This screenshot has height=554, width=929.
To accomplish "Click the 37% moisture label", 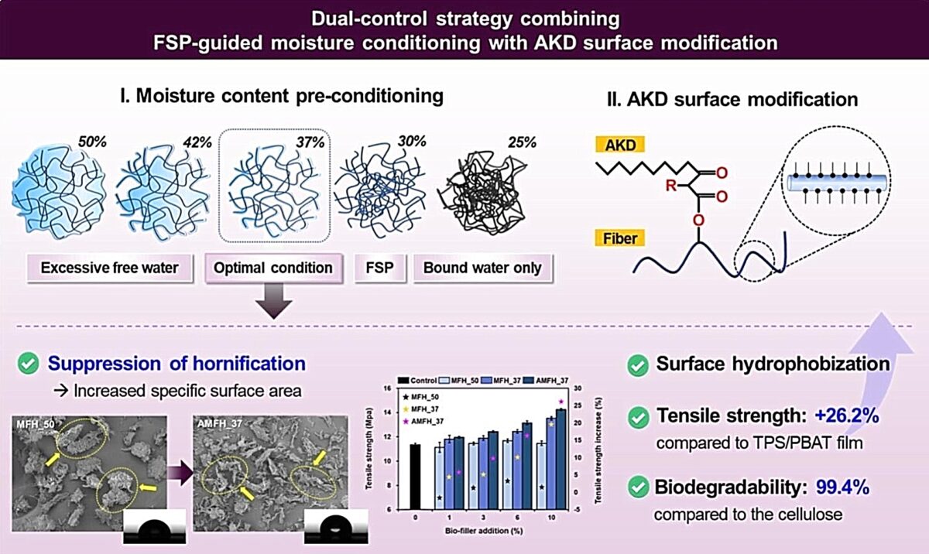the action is pyautogui.click(x=310, y=142).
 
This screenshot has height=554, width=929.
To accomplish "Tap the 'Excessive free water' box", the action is pyautogui.click(x=110, y=268).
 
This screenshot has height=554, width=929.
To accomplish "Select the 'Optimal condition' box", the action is pyautogui.click(x=274, y=268).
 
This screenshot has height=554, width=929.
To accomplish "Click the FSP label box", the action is pyautogui.click(x=380, y=268).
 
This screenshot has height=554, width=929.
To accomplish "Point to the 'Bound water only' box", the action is pyautogui.click(x=483, y=268).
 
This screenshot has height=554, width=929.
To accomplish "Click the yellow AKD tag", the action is pyautogui.click(x=620, y=145).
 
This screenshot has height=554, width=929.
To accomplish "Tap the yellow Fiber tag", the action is pyautogui.click(x=620, y=238).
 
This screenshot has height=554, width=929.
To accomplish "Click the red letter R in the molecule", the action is pyautogui.click(x=670, y=185).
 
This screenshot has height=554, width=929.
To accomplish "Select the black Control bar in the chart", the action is pyautogui.click(x=415, y=477).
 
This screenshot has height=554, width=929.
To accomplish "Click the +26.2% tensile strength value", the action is pyautogui.click(x=846, y=415).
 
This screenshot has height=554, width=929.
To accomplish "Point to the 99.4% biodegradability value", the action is pyautogui.click(x=843, y=487).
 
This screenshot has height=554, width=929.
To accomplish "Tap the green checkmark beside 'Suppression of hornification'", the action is pyautogui.click(x=28, y=364).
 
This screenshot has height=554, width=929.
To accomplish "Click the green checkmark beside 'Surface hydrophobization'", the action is pyautogui.click(x=638, y=365).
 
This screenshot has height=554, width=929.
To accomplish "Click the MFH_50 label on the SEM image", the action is pyautogui.click(x=36, y=424).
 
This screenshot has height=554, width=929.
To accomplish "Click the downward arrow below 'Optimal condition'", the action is pyautogui.click(x=274, y=301).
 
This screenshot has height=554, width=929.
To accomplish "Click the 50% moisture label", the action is pyautogui.click(x=92, y=142).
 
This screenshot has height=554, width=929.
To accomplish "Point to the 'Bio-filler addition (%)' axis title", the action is pyautogui.click(x=484, y=531).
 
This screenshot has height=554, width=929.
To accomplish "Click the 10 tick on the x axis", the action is pyautogui.click(x=551, y=517).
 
